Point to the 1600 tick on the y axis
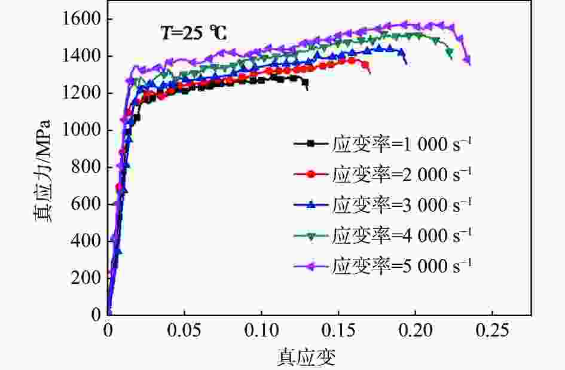[x=83, y=20]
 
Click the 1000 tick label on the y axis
[x=83, y=131]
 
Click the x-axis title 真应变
[x=306, y=357]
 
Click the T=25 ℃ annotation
[x=193, y=33]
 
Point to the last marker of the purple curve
[x=466, y=60]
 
